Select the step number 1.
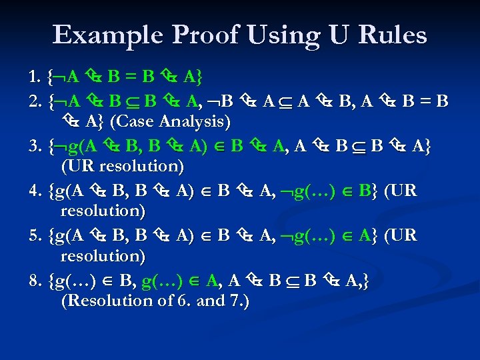(x=35, y=78)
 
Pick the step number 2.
(x=35, y=101)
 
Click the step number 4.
(x=35, y=191)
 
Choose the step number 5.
(x=35, y=235)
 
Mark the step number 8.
(x=35, y=280)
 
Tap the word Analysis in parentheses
(x=193, y=122)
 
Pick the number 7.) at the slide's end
(x=237, y=301)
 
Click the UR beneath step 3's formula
(x=73, y=165)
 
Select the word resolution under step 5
(x=103, y=255)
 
